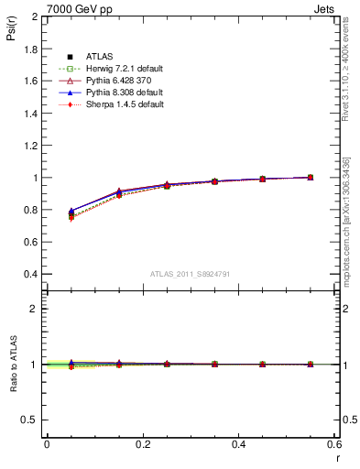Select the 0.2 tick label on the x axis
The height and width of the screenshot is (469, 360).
point(142,444)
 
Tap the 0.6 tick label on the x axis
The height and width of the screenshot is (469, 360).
point(334,444)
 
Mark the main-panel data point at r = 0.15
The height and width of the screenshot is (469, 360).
point(119,193)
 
